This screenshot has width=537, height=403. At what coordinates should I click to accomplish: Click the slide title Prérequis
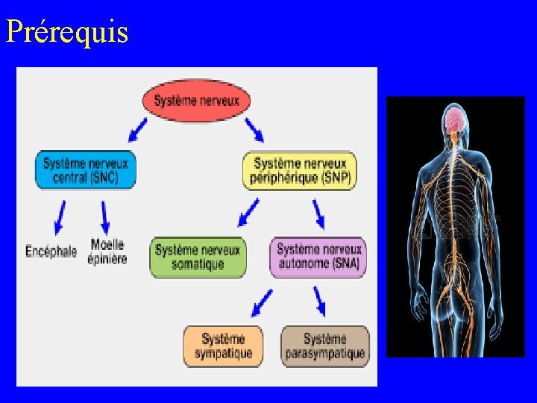(x=67, y=31)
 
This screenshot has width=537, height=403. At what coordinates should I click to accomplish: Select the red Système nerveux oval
(x=196, y=100)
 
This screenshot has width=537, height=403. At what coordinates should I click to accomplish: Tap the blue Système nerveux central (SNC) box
(x=86, y=170)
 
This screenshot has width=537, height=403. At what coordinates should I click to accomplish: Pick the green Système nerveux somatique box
(x=198, y=257)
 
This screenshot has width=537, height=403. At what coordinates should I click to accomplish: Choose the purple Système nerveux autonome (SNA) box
(x=318, y=257)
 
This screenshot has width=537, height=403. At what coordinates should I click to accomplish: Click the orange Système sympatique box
(x=223, y=346)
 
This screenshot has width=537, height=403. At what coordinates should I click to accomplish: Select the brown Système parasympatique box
(x=324, y=346)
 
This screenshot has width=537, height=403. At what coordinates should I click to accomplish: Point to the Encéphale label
(x=51, y=252)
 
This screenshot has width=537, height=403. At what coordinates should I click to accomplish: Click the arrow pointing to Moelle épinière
(x=105, y=218)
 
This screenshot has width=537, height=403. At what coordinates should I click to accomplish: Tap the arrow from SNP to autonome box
(x=318, y=213)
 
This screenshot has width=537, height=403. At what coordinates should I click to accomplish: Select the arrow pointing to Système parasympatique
(x=320, y=302)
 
